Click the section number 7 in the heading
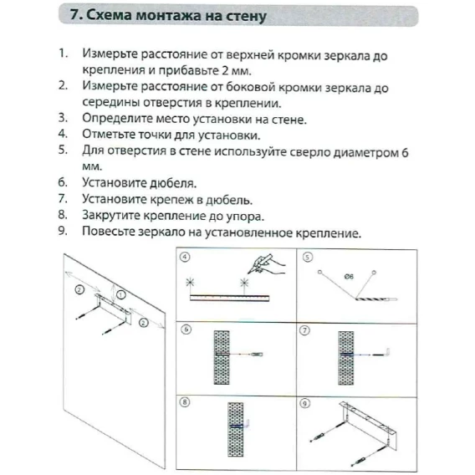(x=76, y=14)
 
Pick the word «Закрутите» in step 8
(x=110, y=216)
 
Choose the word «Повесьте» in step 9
(x=108, y=232)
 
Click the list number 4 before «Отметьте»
(x=63, y=134)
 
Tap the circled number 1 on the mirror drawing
(x=121, y=294)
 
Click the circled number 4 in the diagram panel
(x=185, y=257)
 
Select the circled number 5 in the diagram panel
(x=308, y=258)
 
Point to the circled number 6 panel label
(x=186, y=329)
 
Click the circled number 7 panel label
(x=304, y=330)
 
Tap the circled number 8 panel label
(x=185, y=402)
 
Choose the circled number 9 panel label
(x=304, y=403)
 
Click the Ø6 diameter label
(x=349, y=277)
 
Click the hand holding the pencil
(x=266, y=264)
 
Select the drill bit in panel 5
(x=376, y=299)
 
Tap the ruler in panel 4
(x=229, y=298)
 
